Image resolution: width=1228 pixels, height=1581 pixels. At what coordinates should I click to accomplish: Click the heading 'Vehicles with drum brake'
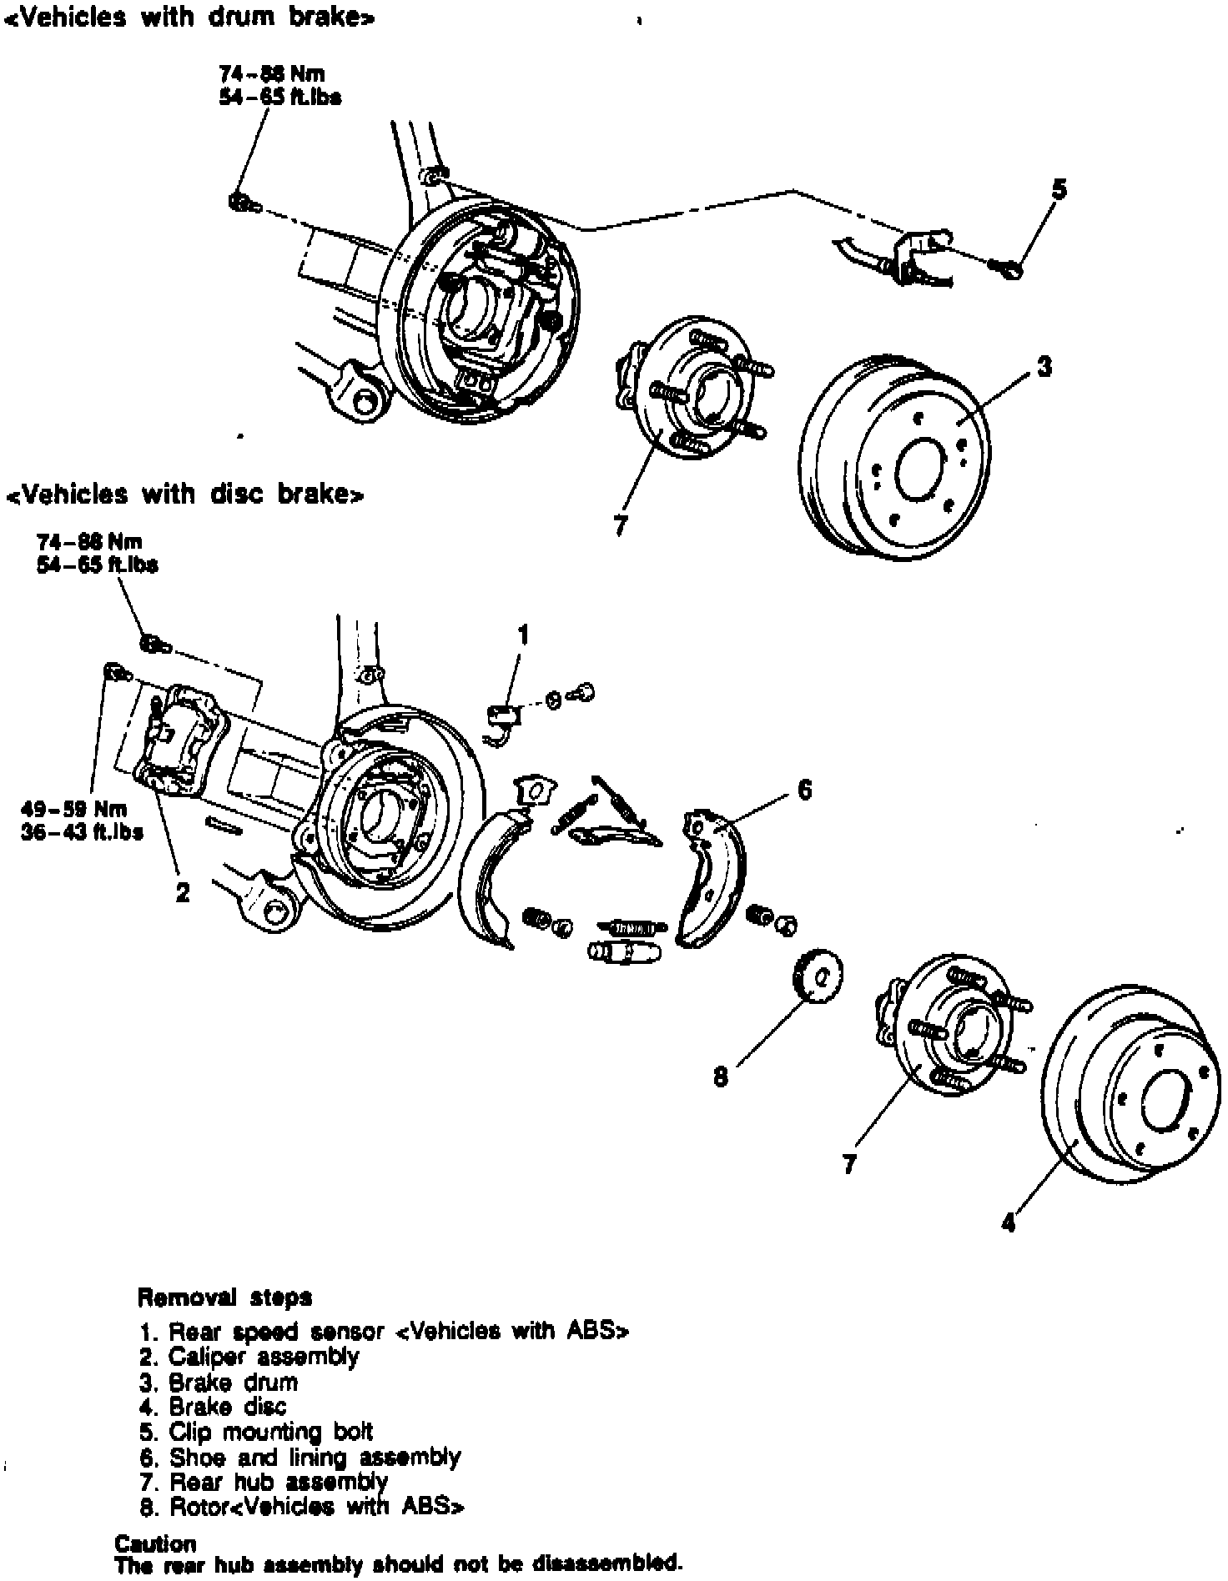pos(189,18)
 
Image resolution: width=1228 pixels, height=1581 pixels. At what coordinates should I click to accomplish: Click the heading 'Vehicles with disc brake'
pos(184,494)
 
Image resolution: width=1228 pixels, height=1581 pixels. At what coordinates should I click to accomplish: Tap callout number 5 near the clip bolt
pos(1058,190)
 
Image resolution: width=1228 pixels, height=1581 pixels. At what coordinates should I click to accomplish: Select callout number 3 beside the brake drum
pos(1044,366)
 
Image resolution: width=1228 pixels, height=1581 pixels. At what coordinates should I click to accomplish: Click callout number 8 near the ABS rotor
pos(721,1077)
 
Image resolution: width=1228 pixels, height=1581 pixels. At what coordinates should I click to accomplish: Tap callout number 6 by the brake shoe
pos(804,789)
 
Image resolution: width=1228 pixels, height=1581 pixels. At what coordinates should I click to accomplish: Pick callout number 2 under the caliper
pos(182,893)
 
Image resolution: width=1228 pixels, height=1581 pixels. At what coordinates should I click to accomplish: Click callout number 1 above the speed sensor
pos(523,636)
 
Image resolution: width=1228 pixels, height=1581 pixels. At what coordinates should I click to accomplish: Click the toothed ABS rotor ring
pos(814,976)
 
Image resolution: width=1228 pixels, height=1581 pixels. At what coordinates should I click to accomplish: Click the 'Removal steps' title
pos(224,1297)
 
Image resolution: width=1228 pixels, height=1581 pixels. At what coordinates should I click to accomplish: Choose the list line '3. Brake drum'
pos(219,1383)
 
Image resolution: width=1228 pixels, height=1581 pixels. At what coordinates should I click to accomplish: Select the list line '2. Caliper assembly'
pos(249,1357)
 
